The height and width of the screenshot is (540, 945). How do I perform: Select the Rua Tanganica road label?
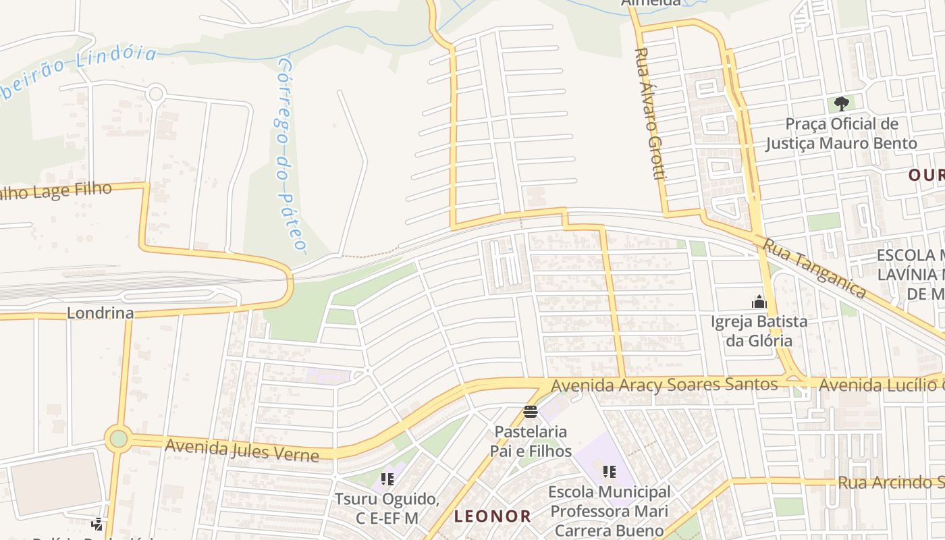(x=813, y=268)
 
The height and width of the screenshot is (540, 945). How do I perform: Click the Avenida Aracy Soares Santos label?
(x=664, y=385)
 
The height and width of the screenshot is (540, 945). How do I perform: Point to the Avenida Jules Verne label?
(x=242, y=449)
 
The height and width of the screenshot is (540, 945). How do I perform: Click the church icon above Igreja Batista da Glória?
(x=759, y=301)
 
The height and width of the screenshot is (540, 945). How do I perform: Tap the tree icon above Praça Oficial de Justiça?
(x=841, y=104)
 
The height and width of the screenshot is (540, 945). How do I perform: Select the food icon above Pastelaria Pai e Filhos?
(x=530, y=412)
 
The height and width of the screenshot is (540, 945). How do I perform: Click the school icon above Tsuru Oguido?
(x=387, y=479)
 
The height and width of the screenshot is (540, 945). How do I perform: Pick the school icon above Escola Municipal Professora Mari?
(x=610, y=472)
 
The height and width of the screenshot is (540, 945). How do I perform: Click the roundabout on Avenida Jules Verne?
(x=119, y=439)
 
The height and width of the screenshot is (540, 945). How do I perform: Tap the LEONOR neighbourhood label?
(x=492, y=517)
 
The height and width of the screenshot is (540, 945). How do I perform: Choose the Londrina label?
(x=100, y=313)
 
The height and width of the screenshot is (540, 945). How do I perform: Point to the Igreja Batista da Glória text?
(x=759, y=330)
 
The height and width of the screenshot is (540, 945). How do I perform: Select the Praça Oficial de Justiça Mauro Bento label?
(x=841, y=134)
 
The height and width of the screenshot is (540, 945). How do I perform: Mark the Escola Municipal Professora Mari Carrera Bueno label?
(x=609, y=511)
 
